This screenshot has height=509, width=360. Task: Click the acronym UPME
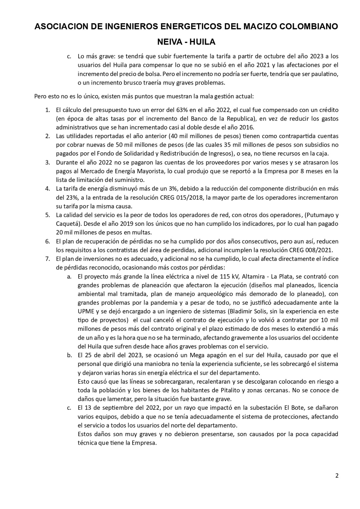[x=86, y=311]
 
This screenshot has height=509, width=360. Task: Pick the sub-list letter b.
[x=69, y=355]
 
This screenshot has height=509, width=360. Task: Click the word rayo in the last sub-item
[x=173, y=408]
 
